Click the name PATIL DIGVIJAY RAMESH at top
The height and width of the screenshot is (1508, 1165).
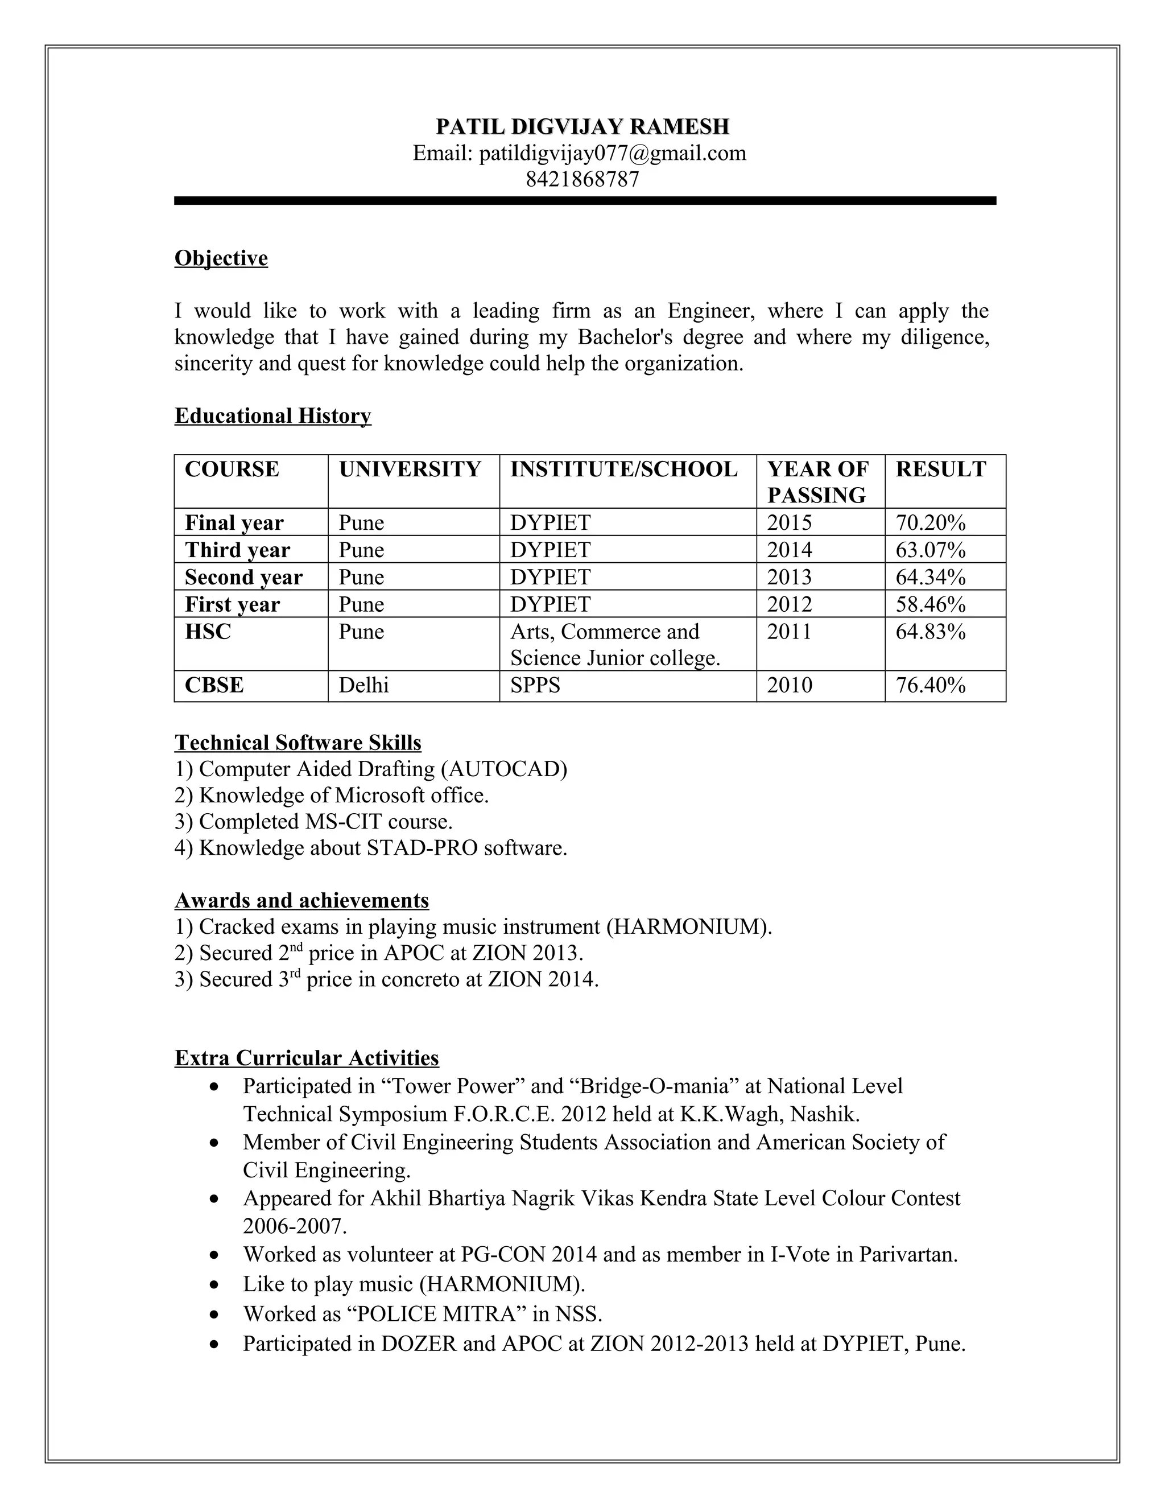[582, 127]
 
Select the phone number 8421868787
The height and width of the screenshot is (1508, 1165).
[582, 179]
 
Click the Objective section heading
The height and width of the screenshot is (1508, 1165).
[221, 258]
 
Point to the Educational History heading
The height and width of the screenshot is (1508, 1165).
[272, 415]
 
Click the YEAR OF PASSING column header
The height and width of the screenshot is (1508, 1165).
[817, 482]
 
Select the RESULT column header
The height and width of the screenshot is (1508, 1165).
[941, 469]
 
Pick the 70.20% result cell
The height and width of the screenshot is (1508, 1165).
[930, 523]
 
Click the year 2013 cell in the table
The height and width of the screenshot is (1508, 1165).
[790, 577]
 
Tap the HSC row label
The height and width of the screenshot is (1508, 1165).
[208, 632]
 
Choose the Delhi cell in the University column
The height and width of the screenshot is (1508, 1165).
[363, 685]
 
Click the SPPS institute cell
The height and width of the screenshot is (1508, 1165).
[535, 685]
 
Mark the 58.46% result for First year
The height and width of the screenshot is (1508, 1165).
[930, 604]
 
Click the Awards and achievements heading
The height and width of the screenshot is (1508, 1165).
[301, 900]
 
